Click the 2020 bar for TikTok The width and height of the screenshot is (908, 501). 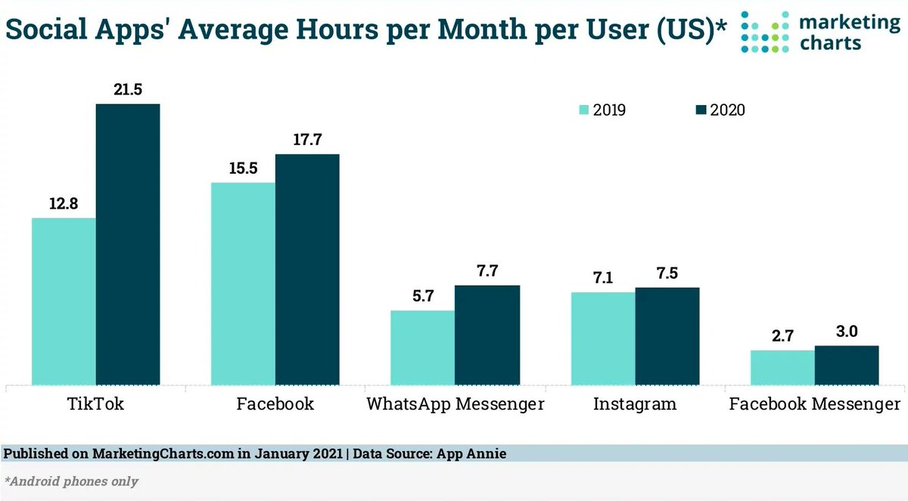[x=128, y=243]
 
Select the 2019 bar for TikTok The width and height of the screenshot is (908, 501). [x=64, y=301]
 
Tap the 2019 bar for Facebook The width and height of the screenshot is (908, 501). [x=243, y=283]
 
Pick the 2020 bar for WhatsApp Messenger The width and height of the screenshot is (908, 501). [x=487, y=335]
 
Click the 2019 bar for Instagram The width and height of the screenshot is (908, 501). [x=603, y=338]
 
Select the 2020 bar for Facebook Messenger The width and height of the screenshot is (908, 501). [x=846, y=365]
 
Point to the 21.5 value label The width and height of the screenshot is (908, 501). [x=128, y=89]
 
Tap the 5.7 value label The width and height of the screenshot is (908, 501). [x=422, y=296]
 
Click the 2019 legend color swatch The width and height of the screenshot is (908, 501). [x=583, y=110]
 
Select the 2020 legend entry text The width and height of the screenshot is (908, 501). [x=727, y=110]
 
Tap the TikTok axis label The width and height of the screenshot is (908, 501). [x=95, y=404]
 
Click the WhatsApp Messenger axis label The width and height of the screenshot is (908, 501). [x=455, y=404]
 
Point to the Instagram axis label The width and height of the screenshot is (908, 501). [x=634, y=404]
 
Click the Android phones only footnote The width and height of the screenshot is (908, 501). [x=72, y=481]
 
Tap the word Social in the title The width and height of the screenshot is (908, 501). [x=46, y=29]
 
